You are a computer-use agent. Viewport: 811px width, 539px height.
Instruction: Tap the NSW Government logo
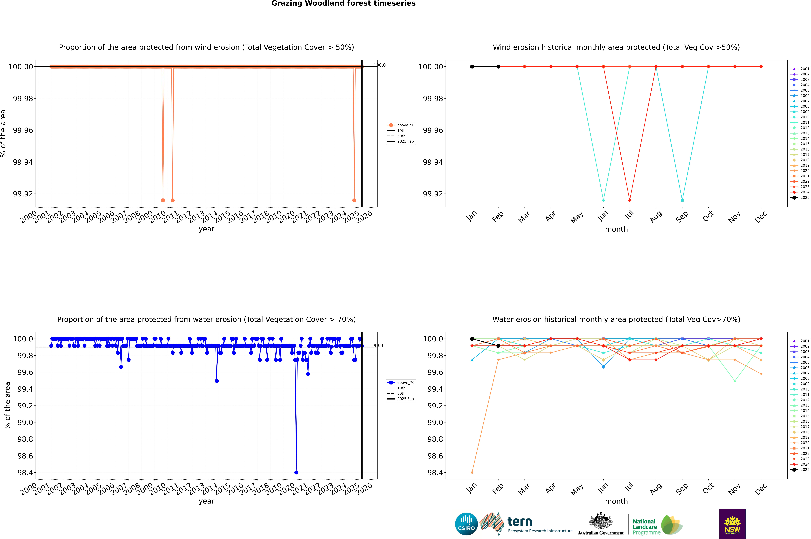point(732,524)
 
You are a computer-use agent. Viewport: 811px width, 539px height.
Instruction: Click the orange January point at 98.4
point(472,472)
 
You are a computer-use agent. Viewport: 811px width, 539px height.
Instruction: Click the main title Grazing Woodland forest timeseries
point(343,3)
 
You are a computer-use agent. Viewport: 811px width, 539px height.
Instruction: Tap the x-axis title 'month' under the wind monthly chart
point(616,229)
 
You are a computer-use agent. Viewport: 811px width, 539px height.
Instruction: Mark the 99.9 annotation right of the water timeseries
point(378,345)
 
